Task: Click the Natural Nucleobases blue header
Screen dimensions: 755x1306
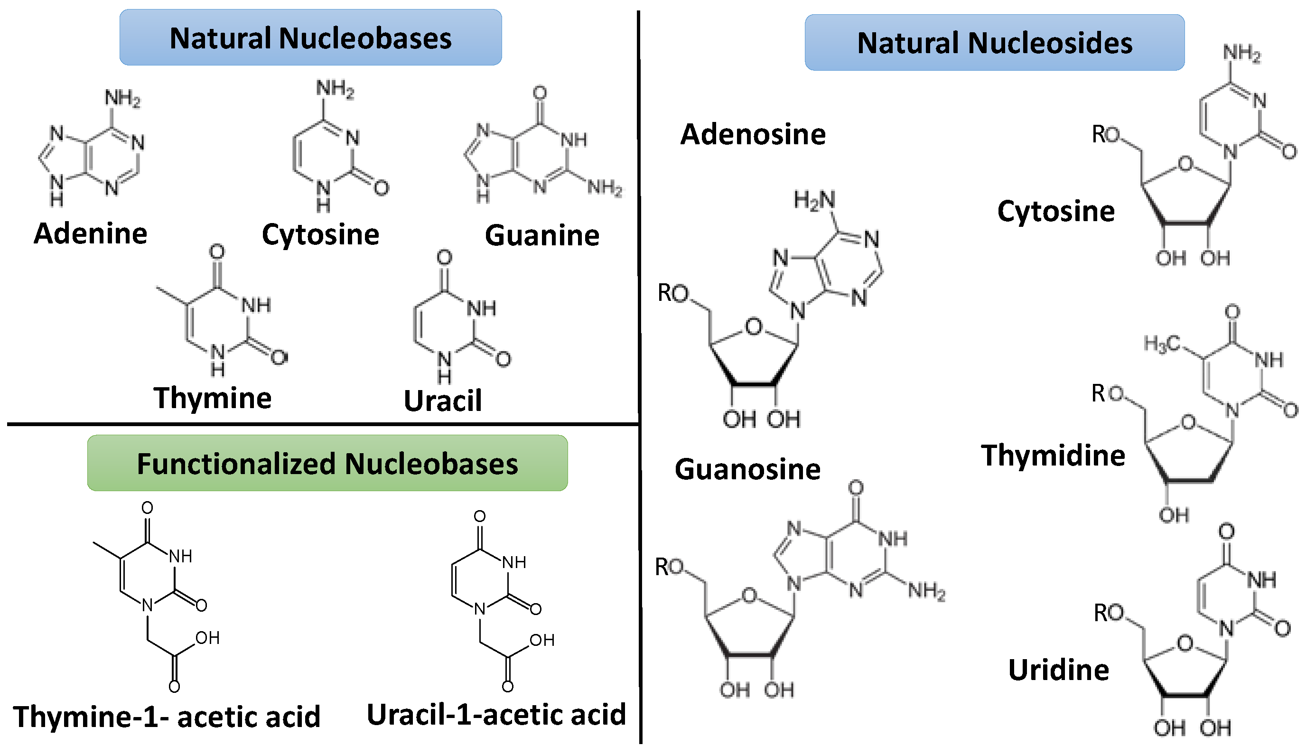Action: click(x=310, y=37)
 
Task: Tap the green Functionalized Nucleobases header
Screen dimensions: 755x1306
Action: click(x=327, y=463)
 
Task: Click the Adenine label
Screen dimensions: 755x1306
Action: click(x=90, y=233)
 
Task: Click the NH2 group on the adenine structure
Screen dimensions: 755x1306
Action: click(x=122, y=97)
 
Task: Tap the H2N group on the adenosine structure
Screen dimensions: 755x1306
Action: click(x=814, y=200)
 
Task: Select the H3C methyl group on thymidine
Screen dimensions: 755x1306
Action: click(x=1161, y=343)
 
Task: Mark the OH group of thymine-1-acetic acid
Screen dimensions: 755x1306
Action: click(x=207, y=637)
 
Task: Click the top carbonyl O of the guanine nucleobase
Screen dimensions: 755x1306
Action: click(x=540, y=93)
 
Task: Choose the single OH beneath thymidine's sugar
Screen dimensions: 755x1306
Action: click(x=1174, y=514)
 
